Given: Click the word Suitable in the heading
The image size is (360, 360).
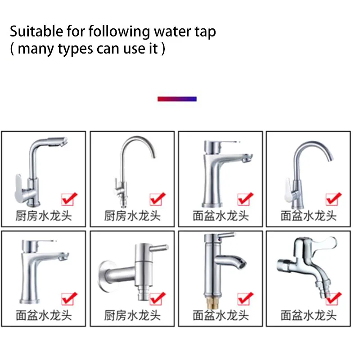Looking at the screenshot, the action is pos(36,31).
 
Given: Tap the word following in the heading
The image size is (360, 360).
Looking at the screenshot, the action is pos(119,32).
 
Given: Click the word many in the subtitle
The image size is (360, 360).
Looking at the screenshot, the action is pos(36,49).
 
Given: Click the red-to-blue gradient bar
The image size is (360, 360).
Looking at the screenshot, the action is pos(177,99).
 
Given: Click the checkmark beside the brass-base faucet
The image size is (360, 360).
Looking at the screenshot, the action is pos(245,298).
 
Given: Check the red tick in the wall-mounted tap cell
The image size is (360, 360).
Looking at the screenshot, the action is pos(157,298).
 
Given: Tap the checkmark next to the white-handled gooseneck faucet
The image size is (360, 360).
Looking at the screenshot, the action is pos(333,198).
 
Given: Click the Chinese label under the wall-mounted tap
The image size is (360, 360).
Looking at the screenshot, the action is pos(132,315).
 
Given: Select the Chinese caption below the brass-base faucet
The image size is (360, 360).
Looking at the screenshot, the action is pos(220,315).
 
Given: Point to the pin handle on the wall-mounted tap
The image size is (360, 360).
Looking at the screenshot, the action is pos(159,248).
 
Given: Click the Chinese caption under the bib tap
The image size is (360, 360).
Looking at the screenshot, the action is pos(308,315).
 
